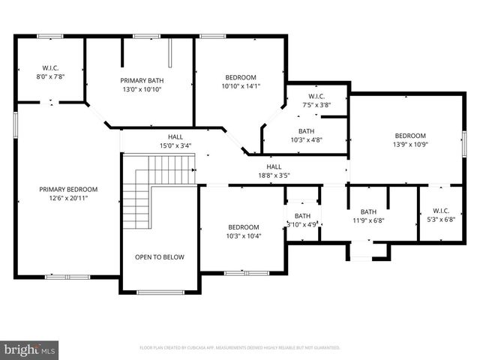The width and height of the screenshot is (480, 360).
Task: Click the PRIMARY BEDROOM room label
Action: [x=68, y=190]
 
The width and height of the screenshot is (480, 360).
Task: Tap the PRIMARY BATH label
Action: [x=142, y=79]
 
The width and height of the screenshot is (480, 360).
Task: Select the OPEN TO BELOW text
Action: [x=159, y=257]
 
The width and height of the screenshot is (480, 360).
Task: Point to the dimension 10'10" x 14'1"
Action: [x=241, y=85]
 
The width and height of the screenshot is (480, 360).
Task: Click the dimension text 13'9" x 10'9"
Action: [x=410, y=145]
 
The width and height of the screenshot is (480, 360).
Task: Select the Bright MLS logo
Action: [x=30, y=349]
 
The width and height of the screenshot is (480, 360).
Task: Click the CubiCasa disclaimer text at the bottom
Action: [x=240, y=348]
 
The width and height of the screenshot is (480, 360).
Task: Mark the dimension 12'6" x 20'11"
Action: [x=68, y=199]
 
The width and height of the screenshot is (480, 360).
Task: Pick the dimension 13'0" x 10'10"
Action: [x=142, y=88]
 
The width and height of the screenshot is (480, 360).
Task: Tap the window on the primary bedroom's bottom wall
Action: [x=60, y=277]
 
